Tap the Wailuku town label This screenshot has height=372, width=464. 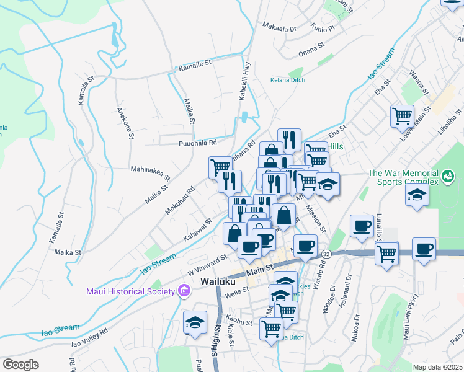tap(217, 281)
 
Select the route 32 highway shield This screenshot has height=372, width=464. tap(325, 254)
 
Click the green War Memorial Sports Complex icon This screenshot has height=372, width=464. tap(447, 177)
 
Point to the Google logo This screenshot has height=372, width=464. tap(20, 365)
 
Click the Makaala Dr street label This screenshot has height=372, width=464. tap(280, 28)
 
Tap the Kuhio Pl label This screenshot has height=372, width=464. tap(323, 28)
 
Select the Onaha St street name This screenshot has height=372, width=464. tap(311, 49)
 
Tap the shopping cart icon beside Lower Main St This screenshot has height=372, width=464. tap(402, 115)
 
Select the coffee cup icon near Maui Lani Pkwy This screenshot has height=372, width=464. tap(424, 249)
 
